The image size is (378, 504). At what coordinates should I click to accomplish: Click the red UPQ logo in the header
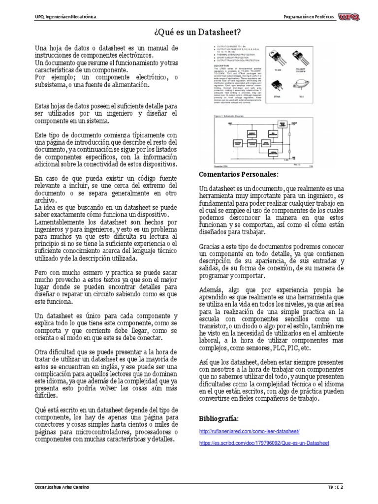pos(350,17)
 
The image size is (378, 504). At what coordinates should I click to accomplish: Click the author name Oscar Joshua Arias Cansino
pos(61,487)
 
